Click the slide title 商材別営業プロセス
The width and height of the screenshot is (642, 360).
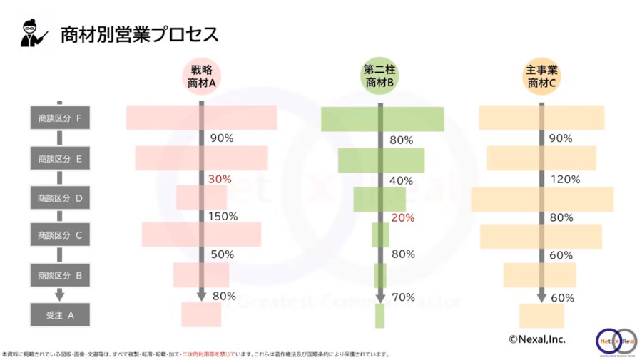139,34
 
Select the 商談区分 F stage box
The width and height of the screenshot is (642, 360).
60,118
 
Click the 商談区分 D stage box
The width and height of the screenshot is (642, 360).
60,197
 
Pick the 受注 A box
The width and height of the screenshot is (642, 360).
60,314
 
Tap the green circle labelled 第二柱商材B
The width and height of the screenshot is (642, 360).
379,76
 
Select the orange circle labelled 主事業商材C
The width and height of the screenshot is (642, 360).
541,76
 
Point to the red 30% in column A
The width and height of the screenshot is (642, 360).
220,180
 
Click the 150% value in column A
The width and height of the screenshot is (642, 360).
223,216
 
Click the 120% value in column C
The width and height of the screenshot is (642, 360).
566,180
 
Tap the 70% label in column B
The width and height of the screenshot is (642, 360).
403,297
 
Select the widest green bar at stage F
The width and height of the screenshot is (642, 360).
382,119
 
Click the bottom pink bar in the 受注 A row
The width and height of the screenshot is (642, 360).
201,314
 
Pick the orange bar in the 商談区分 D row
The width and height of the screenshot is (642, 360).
542,199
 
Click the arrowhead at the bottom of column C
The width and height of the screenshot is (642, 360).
542,295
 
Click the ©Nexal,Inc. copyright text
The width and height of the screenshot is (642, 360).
536,339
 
